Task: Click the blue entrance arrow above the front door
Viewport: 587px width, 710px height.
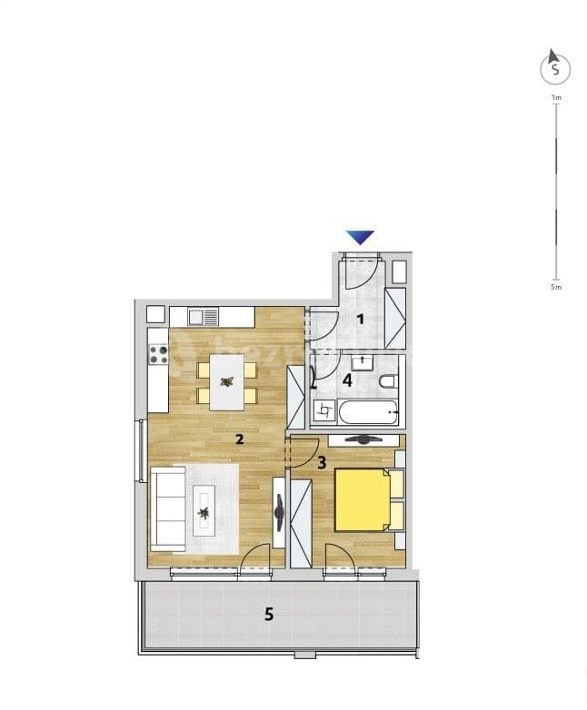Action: (x=361, y=237)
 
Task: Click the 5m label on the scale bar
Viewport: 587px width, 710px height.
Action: (x=556, y=286)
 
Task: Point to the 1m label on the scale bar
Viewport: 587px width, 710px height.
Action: (x=556, y=96)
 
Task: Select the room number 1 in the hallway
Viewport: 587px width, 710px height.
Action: (x=360, y=319)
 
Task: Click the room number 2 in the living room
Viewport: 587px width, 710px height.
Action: (x=239, y=439)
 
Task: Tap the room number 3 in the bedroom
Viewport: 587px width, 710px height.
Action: (x=322, y=462)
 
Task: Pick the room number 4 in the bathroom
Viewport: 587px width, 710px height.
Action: (x=347, y=380)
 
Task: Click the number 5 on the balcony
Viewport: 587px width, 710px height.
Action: (x=268, y=614)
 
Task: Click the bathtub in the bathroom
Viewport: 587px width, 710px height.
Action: (x=369, y=413)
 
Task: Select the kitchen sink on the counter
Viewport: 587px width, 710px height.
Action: (x=204, y=317)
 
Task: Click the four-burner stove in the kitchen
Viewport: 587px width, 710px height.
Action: (x=158, y=351)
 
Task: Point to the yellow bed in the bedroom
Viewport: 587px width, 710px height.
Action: (x=363, y=499)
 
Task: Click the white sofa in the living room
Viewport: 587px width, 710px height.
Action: (x=166, y=508)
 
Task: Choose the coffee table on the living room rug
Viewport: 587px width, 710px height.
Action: (x=204, y=508)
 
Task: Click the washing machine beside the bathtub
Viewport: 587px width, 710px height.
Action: (x=324, y=412)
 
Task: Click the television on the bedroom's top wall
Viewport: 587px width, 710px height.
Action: (x=362, y=439)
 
